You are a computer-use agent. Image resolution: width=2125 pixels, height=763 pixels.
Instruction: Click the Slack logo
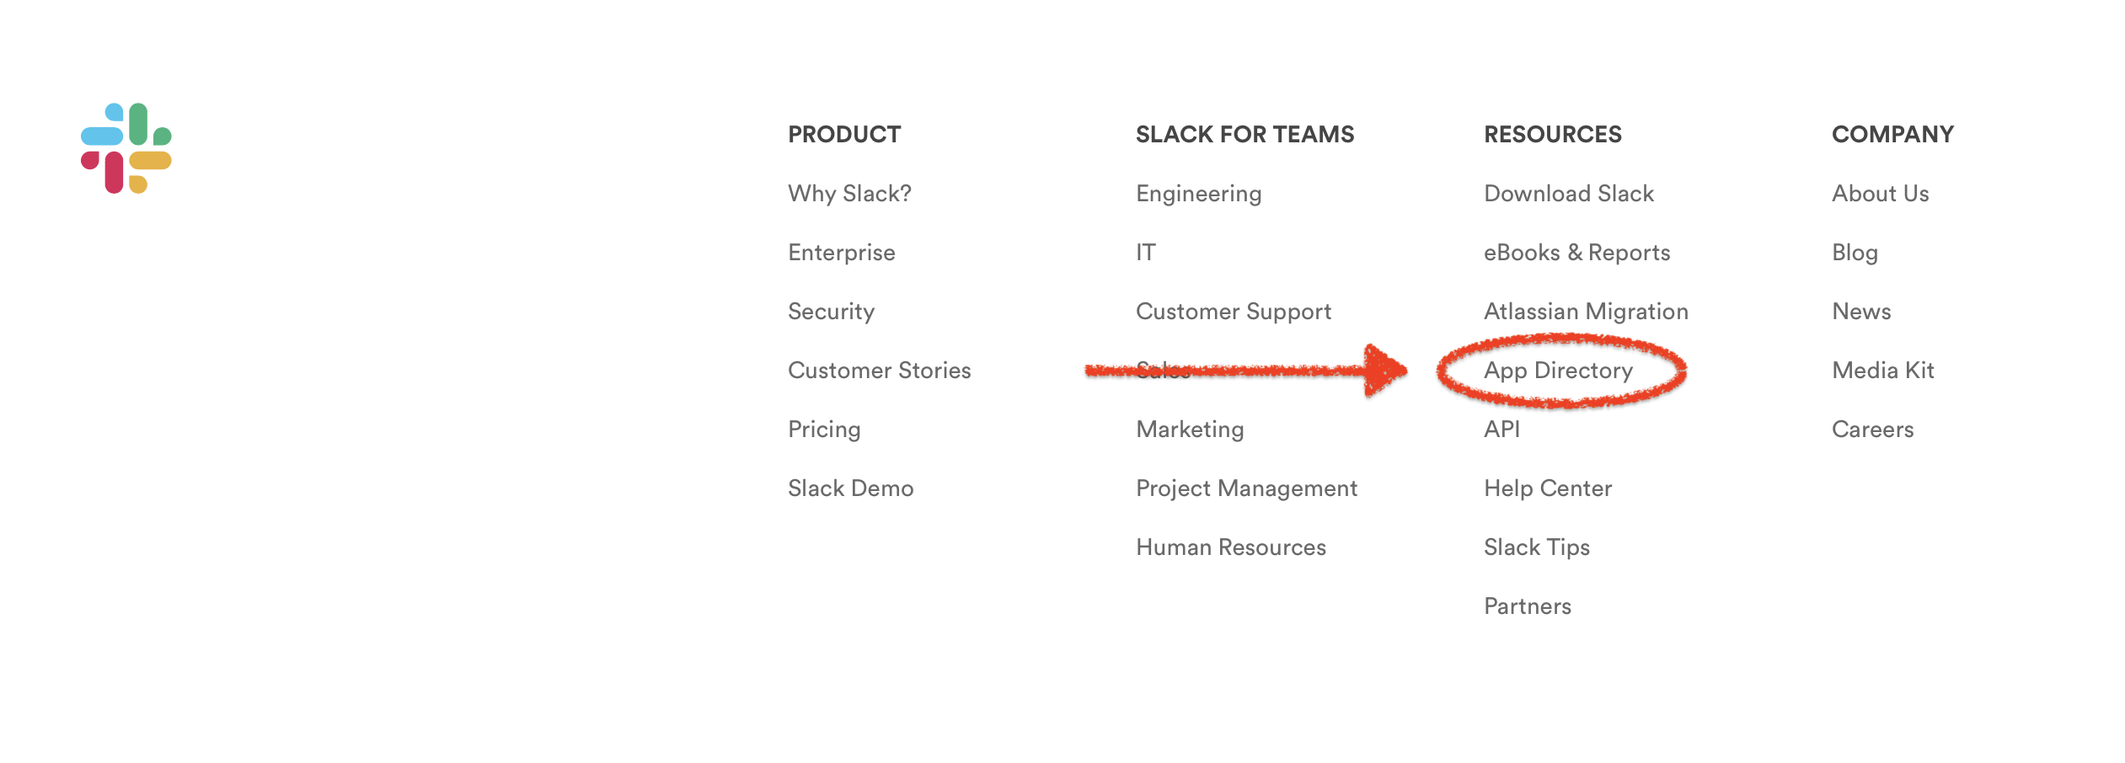click(126, 148)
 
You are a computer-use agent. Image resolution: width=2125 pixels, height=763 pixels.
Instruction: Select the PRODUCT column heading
click(844, 135)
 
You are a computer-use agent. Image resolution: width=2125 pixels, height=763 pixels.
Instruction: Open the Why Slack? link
click(849, 194)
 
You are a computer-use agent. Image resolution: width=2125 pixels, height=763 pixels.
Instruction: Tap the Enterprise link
click(841, 253)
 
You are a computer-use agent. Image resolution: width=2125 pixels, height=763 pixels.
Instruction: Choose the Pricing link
click(824, 430)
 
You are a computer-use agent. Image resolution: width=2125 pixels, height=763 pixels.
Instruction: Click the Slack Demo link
click(850, 488)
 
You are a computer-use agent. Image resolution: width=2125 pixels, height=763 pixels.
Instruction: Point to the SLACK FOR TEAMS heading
click(1244, 135)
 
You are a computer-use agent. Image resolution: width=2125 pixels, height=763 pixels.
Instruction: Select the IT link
click(1146, 253)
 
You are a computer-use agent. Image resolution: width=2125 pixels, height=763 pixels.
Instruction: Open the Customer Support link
click(1234, 312)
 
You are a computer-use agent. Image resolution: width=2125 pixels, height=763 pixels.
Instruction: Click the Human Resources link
click(1230, 547)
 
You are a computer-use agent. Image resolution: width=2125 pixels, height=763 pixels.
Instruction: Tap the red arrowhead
click(1384, 370)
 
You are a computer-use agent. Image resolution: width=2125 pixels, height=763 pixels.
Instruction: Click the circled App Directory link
click(1558, 371)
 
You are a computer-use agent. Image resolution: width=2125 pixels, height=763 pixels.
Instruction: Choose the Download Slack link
click(1569, 194)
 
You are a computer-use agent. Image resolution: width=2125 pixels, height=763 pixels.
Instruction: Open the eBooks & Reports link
click(1576, 253)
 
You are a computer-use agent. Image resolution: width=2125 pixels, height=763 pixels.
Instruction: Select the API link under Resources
click(1501, 430)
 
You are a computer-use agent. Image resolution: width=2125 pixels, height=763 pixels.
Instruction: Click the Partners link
click(1528, 606)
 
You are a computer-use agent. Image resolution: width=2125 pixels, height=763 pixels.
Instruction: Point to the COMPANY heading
click(1892, 135)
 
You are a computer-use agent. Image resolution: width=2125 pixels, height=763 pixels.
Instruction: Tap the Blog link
click(1855, 253)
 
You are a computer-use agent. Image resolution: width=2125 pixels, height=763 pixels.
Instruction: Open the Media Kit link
click(1882, 371)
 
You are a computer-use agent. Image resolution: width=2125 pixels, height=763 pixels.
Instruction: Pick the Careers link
click(1872, 430)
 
